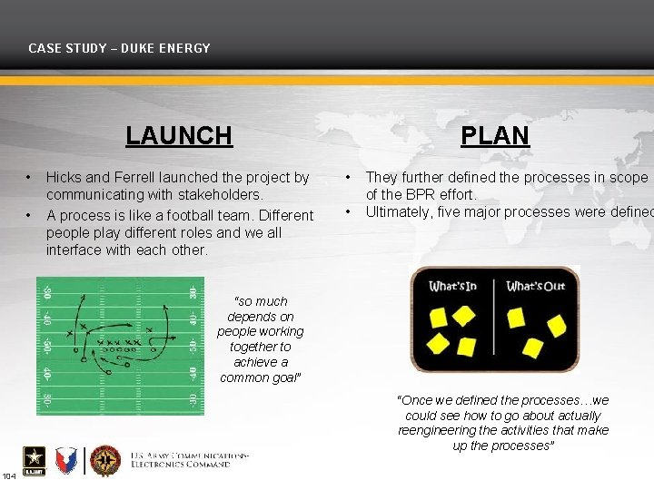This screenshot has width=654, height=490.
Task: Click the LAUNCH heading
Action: click(179, 136)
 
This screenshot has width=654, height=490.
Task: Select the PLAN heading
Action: click(494, 136)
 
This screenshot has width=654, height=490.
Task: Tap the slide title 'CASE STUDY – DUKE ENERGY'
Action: click(119, 48)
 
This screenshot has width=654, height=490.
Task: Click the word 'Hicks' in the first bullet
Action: click(64, 178)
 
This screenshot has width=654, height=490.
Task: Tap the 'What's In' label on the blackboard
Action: click(452, 287)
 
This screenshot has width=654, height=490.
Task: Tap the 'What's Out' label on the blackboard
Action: click(535, 287)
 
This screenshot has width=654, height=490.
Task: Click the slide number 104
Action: click(8, 476)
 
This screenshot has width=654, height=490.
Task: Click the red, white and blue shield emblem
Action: click(66, 461)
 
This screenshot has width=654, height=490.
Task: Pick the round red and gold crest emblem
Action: click(105, 461)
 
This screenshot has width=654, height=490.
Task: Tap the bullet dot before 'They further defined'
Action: click(349, 178)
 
